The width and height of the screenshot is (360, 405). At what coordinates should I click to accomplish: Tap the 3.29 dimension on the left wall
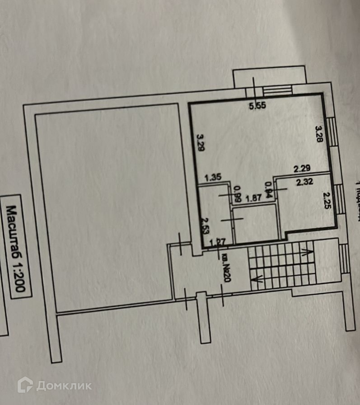[200, 142]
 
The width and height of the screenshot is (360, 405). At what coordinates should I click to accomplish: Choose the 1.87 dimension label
[253, 198]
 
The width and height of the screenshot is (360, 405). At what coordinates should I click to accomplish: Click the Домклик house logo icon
[25, 385]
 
